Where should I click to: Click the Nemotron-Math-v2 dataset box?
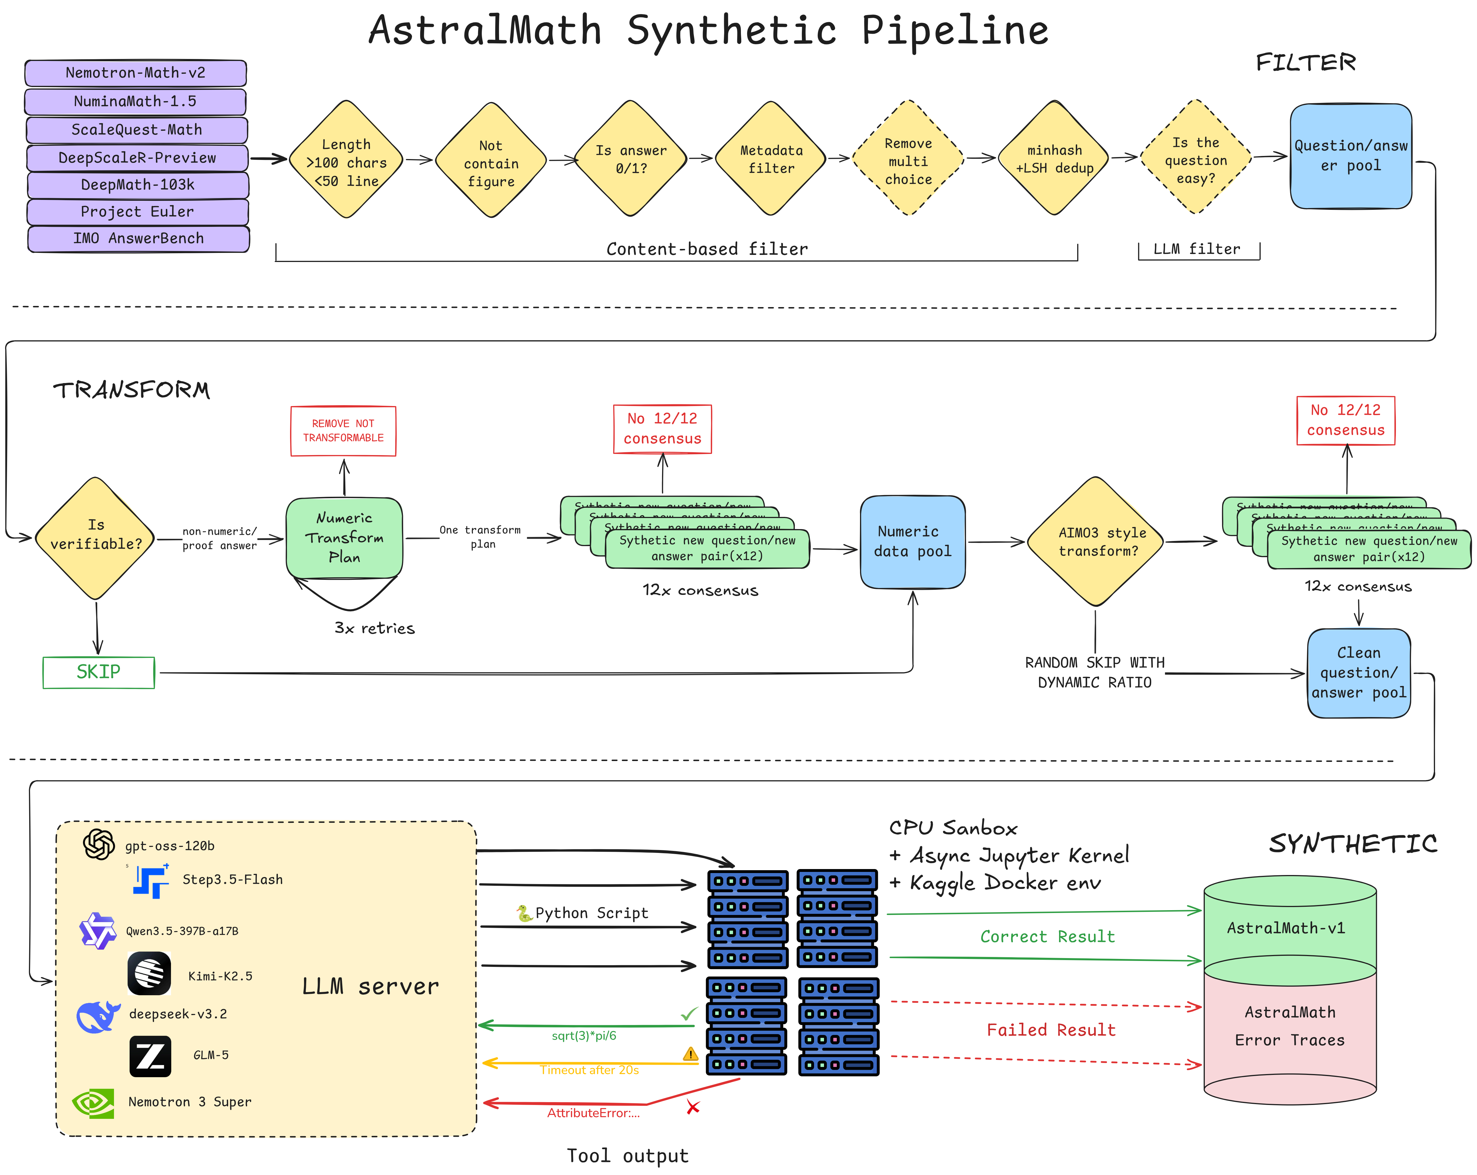click(136, 73)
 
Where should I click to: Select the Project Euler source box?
click(137, 212)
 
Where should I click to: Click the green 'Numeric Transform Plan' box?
click(344, 538)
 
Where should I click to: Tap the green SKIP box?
click(99, 672)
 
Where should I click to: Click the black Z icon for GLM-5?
click(150, 1056)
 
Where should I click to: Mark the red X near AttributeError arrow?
click(693, 1107)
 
